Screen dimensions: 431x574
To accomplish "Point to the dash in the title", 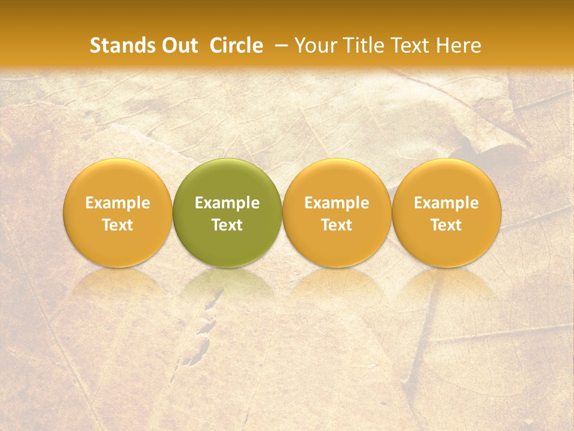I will tap(279, 45).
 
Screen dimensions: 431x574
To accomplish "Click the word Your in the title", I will tap(315, 45).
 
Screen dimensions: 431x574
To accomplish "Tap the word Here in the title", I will tap(457, 45).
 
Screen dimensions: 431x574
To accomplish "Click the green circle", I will tap(227, 180).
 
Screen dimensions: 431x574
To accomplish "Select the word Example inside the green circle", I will tap(227, 203).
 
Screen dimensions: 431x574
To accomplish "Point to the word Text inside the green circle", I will tap(227, 225).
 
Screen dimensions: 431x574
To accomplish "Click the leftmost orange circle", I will tap(118, 180).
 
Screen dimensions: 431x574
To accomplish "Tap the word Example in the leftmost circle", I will tap(118, 203).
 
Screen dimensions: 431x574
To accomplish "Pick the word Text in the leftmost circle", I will tap(118, 225).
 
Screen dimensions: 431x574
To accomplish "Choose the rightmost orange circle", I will tap(447, 180).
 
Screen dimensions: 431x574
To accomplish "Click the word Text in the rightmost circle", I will tap(447, 225).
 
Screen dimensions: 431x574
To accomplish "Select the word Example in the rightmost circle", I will tap(447, 203).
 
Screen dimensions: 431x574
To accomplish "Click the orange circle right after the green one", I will tap(337, 180).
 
